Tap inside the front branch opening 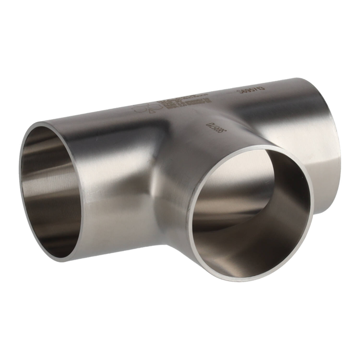(x=250, y=211)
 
